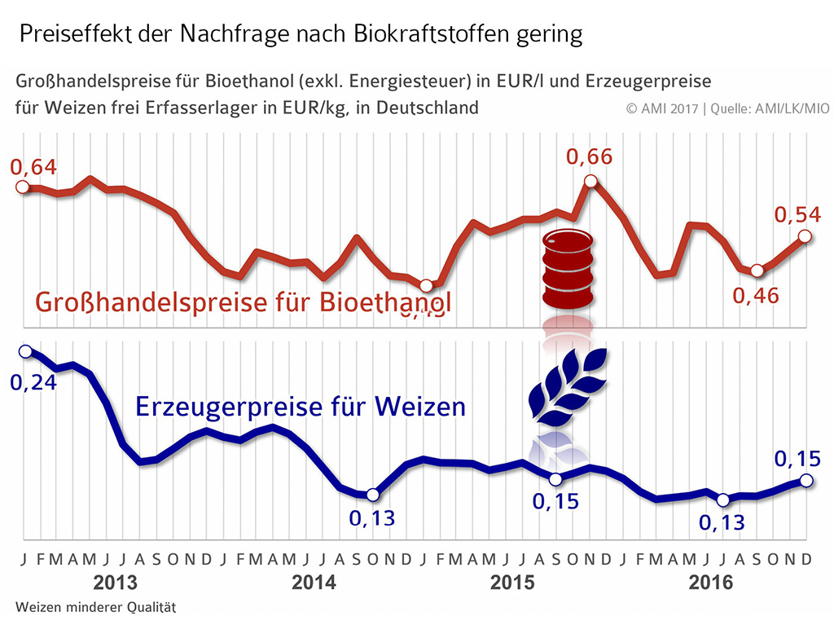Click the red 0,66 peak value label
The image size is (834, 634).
point(589,156)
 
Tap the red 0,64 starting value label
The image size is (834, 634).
point(33,167)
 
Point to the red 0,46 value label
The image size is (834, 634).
point(756,295)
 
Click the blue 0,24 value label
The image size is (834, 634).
point(33,381)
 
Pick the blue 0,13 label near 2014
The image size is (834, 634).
point(372,517)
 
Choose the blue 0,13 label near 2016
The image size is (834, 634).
point(722,521)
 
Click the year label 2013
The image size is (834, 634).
point(116,583)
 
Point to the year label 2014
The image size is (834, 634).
point(314,583)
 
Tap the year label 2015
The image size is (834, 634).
point(512,583)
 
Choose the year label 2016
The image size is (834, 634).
point(710,583)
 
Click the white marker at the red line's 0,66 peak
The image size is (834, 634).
point(591,182)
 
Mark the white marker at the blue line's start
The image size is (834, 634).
point(25,351)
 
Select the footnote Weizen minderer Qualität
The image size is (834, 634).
point(96,607)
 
